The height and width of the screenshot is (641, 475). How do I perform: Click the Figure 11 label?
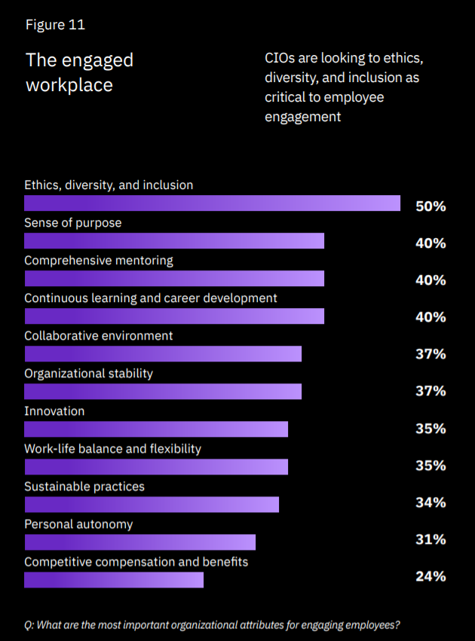pos(55,25)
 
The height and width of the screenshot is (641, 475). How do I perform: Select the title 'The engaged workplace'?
pos(79,72)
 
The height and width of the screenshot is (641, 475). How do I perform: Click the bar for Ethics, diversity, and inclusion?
pos(212,203)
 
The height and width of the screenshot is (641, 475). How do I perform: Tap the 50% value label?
pos(431,206)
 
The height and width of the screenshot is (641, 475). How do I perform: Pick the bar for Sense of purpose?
pos(174,241)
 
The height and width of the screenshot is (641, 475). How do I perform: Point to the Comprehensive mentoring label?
pos(99,261)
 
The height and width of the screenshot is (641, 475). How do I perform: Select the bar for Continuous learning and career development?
pos(174,316)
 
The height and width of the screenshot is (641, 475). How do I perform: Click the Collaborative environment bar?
pos(163,354)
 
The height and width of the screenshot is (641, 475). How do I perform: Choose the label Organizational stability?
pos(89,374)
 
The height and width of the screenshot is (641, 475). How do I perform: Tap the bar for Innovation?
pos(156,429)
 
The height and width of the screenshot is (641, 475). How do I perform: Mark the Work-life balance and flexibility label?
pos(113,449)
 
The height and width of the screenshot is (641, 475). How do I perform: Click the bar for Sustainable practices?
pos(152,505)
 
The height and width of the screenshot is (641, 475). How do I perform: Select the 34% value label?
pos(431,502)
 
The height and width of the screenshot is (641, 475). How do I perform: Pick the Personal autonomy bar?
pos(139,542)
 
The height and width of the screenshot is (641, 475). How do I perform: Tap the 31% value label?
pos(431,539)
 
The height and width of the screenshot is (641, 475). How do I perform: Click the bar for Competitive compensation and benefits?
pos(114,580)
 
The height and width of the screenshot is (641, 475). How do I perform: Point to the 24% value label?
pos(431,576)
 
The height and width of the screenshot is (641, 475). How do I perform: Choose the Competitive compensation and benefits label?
pos(136,562)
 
